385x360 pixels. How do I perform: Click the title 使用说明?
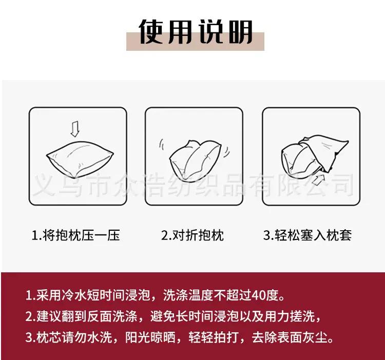pyautogui.click(x=196, y=32)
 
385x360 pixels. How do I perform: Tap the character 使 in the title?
pyautogui.click(x=151, y=32)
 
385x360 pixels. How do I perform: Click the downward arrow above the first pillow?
pyautogui.click(x=75, y=129)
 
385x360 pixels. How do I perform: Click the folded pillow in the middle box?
pyautogui.click(x=195, y=161)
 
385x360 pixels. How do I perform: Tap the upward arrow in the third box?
pyautogui.click(x=318, y=179)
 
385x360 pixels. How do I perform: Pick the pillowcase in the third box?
pyautogui.click(x=324, y=152)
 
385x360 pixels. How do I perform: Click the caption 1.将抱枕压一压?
pyautogui.click(x=76, y=235)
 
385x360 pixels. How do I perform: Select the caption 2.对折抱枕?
pyautogui.click(x=192, y=235)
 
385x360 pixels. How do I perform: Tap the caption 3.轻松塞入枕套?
pyautogui.click(x=307, y=235)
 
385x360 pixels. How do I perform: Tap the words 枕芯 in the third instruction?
pyautogui.click(x=49, y=337)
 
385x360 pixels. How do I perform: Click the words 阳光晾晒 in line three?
pyautogui.click(x=150, y=337)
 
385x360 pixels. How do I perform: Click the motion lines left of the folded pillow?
pyautogui.click(x=162, y=144)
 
